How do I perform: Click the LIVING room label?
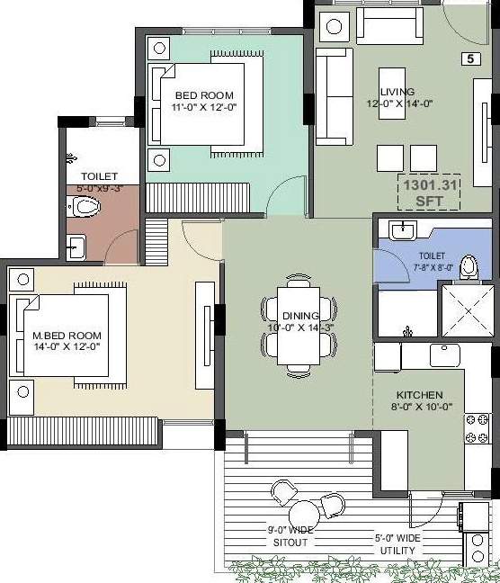coord(397,93)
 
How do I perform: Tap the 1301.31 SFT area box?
coord(426,191)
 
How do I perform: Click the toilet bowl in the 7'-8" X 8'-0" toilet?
coord(468,268)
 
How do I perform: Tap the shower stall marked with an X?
coord(465,309)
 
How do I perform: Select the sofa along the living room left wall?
coord(334,96)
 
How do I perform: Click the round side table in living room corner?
coord(334,26)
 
